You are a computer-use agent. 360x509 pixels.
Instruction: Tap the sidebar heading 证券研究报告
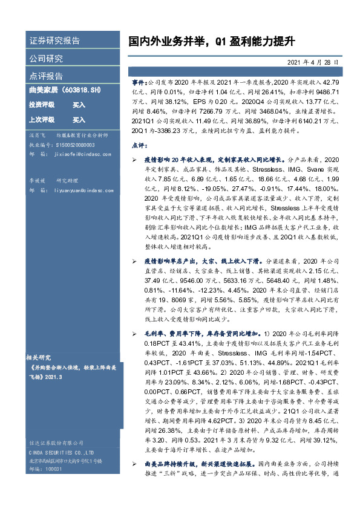click(54, 41)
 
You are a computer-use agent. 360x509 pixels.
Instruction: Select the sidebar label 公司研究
click(46, 59)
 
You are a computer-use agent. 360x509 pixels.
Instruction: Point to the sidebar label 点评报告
click(46, 76)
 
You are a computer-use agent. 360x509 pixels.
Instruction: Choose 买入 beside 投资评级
click(79, 105)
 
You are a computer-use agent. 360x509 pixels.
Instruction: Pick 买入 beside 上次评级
click(79, 120)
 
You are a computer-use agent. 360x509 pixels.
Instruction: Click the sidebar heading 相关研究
click(42, 357)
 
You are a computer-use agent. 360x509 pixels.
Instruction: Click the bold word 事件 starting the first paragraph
click(138, 80)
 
